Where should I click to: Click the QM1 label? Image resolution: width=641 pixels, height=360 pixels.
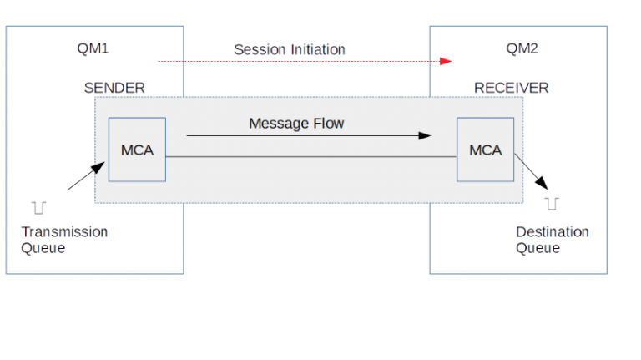coord(93,48)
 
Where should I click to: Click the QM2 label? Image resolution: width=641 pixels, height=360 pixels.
coord(522,48)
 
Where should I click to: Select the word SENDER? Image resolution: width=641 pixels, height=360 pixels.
coord(114,88)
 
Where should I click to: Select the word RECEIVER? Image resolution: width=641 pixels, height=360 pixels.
coord(511,88)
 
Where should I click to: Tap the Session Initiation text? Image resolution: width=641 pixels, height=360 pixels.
coord(289,50)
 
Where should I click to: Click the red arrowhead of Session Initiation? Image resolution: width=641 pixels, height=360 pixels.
coord(446,61)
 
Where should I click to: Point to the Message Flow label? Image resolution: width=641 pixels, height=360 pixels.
coord(296,124)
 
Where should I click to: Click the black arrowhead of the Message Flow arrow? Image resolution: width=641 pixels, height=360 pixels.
coord(426,135)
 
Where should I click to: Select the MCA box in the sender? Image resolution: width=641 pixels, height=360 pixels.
coord(137,150)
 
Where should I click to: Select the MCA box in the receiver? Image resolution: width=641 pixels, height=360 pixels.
coord(485,150)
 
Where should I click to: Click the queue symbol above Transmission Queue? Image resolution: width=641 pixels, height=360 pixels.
coord(38,205)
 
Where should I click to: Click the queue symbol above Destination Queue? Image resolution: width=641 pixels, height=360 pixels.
coord(552,203)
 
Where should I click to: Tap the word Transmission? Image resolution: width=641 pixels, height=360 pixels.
coord(64,231)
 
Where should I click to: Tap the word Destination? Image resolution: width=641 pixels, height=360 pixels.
coord(552,231)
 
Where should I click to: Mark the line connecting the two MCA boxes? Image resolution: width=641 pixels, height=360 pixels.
coord(310,156)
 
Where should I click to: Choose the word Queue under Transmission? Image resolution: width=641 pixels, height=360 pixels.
coord(43,247)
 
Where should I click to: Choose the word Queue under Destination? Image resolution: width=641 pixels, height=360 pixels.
coord(538,247)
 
